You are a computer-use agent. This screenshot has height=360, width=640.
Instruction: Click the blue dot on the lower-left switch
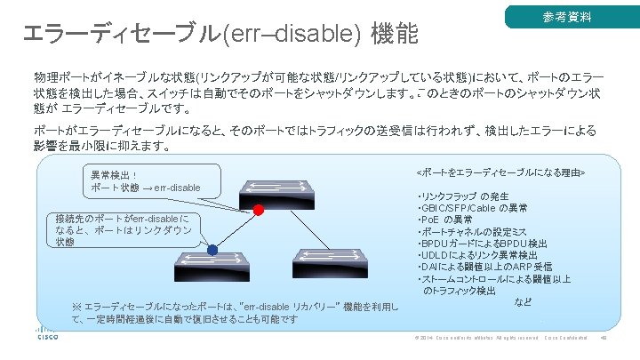tap(213, 251)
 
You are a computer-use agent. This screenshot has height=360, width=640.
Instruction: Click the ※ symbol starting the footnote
tap(77, 308)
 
